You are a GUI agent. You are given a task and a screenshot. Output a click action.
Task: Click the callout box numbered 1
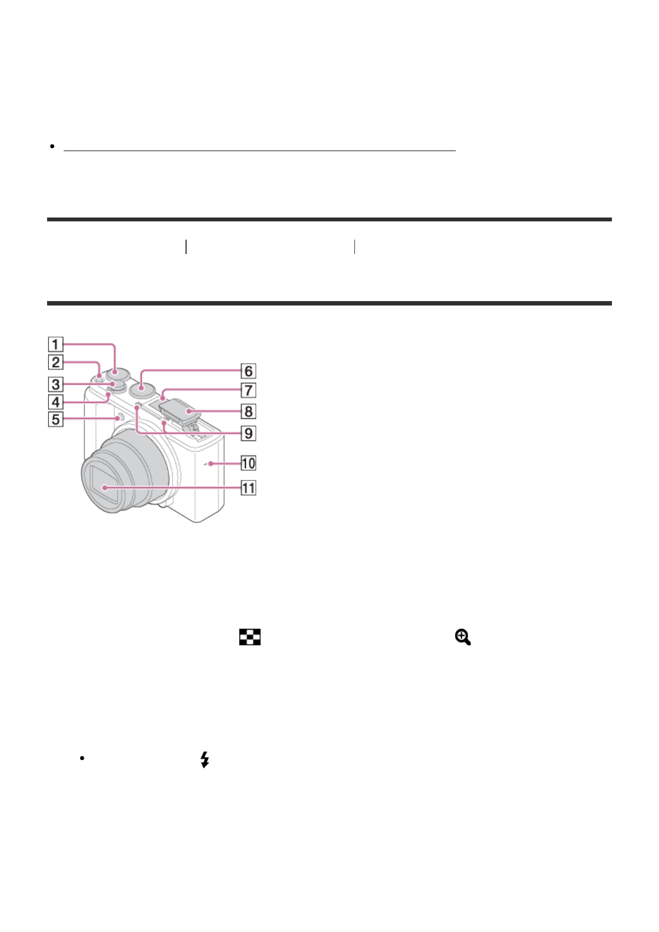(55, 344)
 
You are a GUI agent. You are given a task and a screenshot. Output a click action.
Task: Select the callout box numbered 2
(55, 363)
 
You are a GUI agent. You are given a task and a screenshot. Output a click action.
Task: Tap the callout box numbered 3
(55, 385)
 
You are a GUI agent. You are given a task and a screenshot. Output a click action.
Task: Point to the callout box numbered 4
(55, 402)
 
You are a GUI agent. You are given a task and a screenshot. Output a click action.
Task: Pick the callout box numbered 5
(55, 420)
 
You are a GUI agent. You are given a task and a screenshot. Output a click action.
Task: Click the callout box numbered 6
(248, 371)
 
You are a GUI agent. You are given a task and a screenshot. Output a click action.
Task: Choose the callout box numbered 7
(248, 390)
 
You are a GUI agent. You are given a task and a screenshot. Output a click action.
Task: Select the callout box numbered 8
(248, 412)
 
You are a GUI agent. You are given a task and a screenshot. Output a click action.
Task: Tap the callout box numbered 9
(248, 433)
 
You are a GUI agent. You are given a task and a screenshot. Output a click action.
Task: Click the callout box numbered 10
(248, 463)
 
